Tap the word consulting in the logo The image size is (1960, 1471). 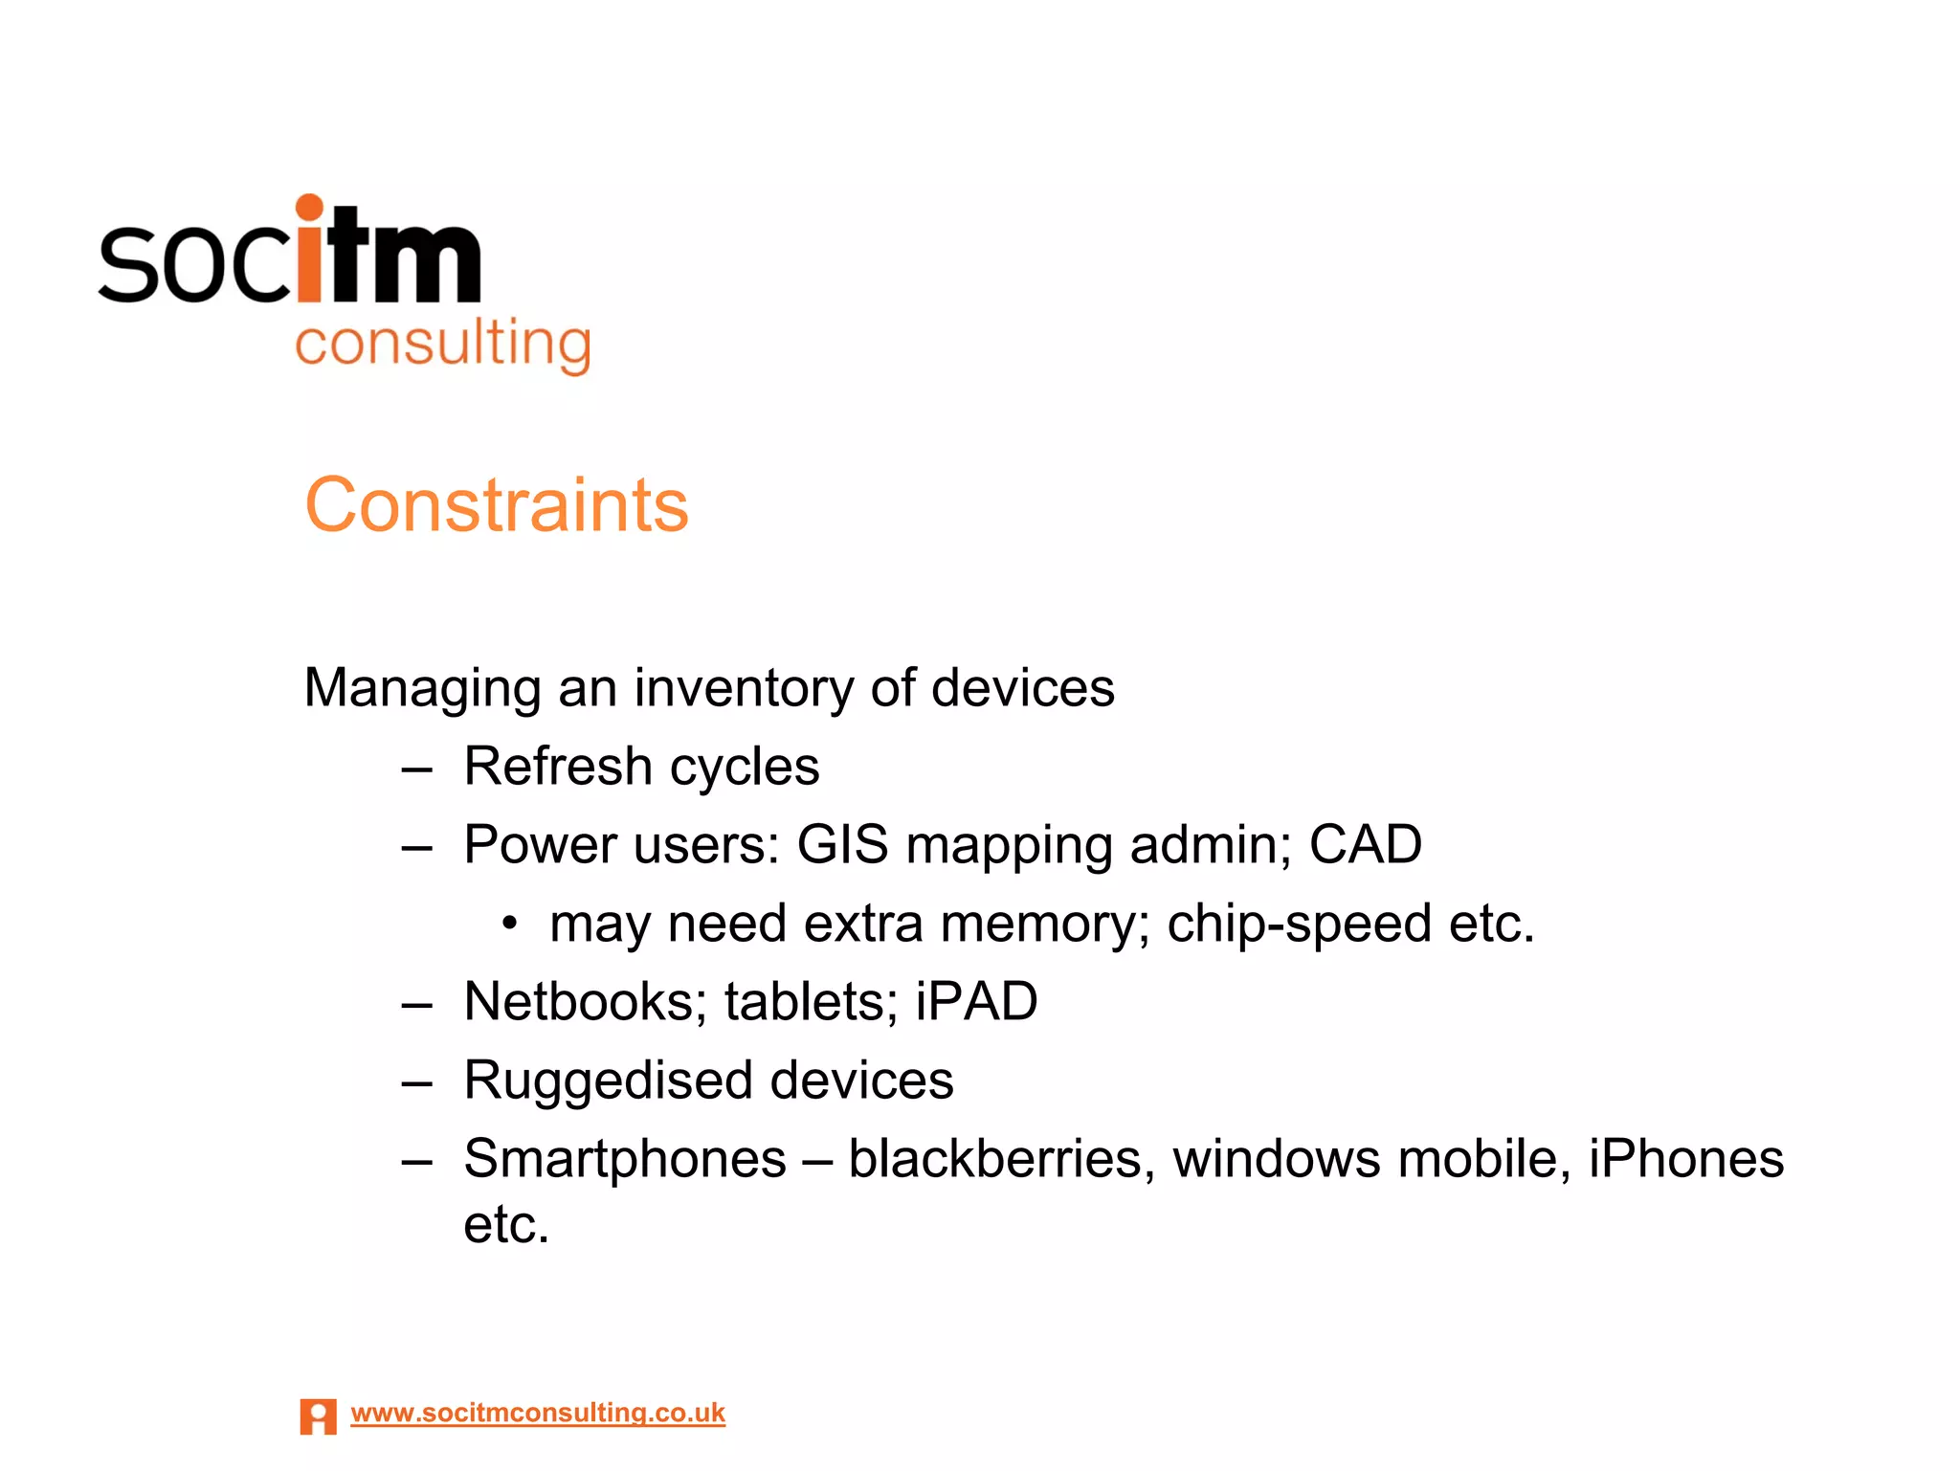point(442,345)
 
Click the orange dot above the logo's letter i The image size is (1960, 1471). point(309,208)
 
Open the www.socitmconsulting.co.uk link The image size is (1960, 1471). point(538,1413)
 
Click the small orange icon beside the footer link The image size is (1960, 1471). point(318,1416)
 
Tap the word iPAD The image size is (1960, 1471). point(976,1002)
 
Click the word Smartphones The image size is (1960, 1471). point(625,1159)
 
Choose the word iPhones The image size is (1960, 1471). point(1686,1159)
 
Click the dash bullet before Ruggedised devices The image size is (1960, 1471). point(417,1084)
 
